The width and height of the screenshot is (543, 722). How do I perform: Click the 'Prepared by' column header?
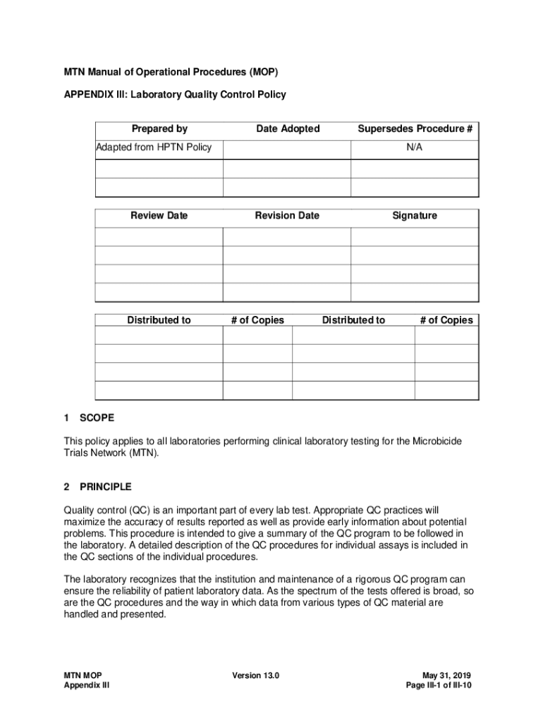(x=159, y=128)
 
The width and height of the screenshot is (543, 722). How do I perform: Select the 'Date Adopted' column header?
(x=288, y=128)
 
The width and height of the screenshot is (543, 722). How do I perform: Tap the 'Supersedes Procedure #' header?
(x=415, y=128)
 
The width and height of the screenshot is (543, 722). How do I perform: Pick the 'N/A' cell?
(x=415, y=147)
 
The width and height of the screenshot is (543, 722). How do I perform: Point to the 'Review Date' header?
(x=159, y=216)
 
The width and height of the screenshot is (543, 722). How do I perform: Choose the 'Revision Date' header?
(x=287, y=216)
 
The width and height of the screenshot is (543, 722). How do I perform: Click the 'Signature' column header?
(x=415, y=216)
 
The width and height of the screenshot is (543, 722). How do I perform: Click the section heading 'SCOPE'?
(x=97, y=418)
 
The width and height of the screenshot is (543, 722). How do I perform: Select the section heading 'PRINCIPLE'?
(x=105, y=487)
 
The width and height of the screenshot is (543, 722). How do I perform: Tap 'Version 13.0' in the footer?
(x=256, y=675)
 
